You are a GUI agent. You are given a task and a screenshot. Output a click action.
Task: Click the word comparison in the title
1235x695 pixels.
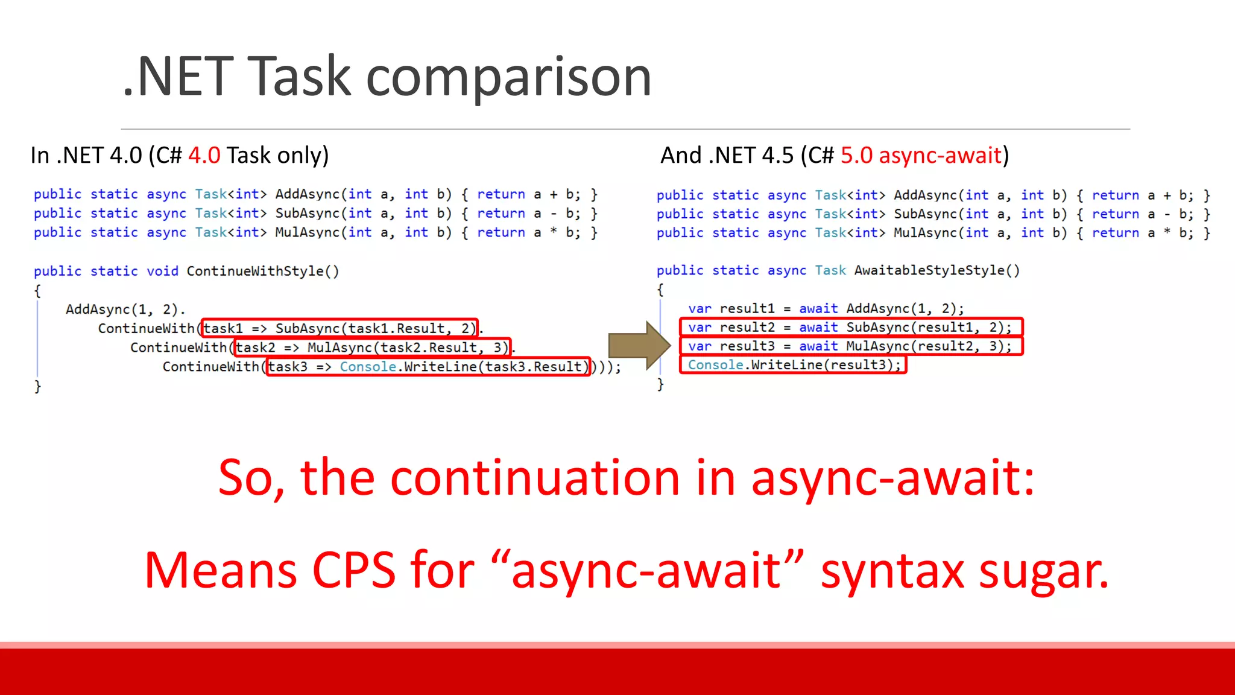[508, 77]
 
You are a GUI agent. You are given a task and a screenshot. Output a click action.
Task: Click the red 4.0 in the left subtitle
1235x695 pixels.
[204, 156]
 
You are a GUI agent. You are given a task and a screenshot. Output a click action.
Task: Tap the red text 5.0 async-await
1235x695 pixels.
[920, 156]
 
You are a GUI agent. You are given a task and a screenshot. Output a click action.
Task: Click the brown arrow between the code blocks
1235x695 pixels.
[639, 346]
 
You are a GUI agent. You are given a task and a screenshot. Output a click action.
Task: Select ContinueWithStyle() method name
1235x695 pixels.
[262, 271]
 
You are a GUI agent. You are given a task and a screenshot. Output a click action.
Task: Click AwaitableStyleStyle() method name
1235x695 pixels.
[937, 270]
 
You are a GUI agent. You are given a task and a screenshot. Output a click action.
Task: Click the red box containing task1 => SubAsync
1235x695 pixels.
[340, 328]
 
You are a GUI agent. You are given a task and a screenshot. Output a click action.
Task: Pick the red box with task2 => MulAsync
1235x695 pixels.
[372, 347]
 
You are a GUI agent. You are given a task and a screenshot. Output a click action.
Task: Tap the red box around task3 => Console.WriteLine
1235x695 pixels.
[428, 367]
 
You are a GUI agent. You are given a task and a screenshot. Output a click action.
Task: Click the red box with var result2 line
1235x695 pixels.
[851, 328]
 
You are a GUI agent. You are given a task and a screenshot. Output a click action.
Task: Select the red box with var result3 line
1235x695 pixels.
[851, 346]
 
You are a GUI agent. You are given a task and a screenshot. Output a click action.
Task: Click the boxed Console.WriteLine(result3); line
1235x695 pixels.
[793, 365]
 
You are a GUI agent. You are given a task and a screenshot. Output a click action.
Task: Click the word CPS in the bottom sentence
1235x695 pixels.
[353, 570]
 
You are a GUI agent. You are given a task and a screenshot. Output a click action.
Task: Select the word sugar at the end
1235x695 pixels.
[1043, 571]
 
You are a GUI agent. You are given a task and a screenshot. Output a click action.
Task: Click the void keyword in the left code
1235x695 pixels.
[162, 271]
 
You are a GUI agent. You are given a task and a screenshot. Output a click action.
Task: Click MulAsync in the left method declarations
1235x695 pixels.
[307, 233]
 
